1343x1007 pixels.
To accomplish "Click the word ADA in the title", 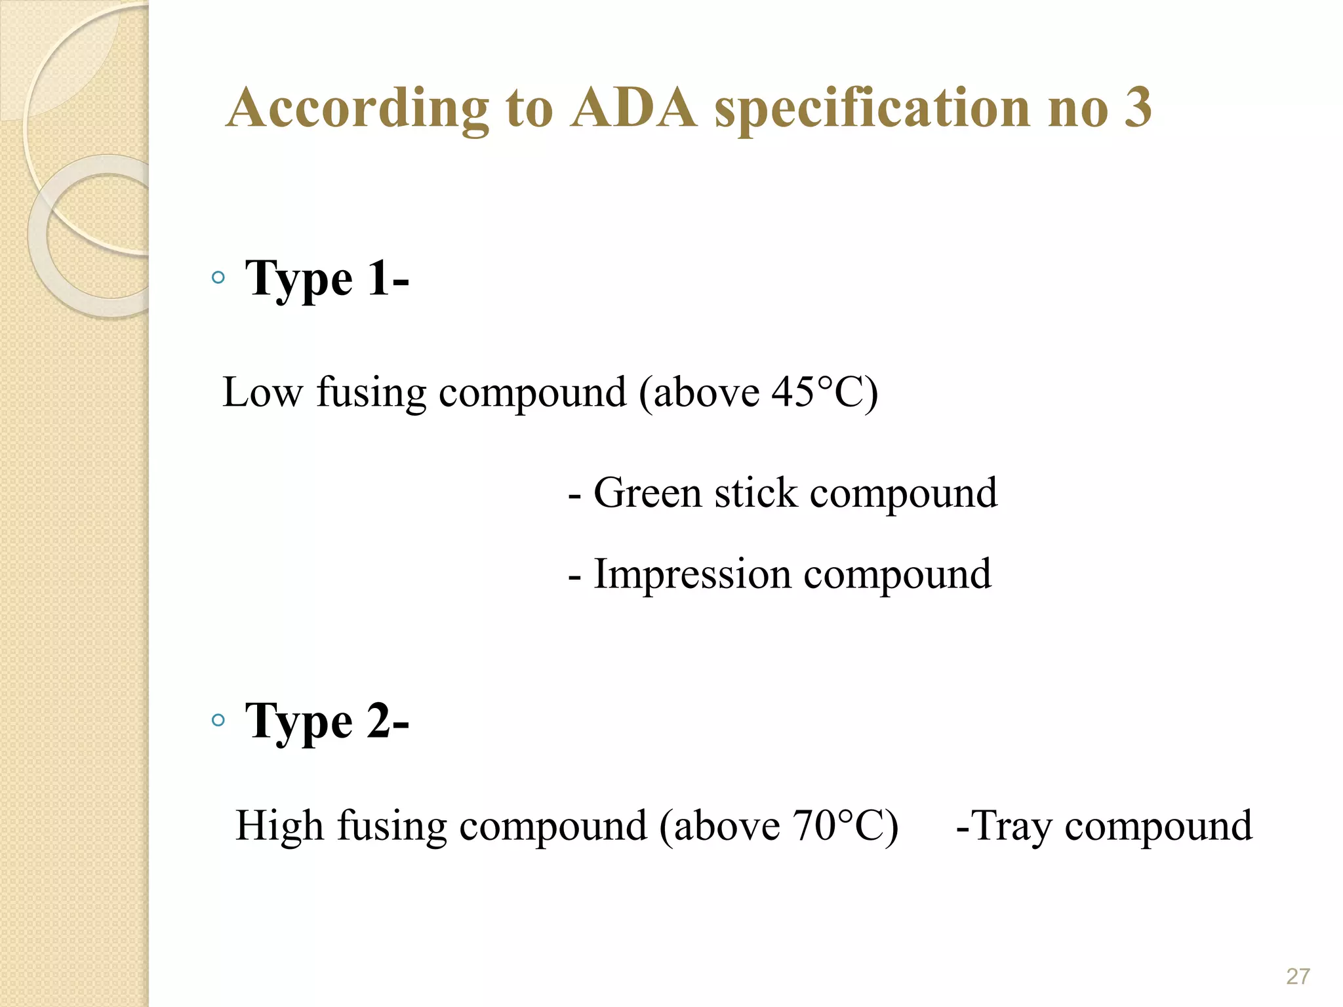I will pos(633,108).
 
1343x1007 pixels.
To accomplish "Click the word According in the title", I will pos(358,109).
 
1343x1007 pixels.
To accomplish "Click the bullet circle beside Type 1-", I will pos(218,278).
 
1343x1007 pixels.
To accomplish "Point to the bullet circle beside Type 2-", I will pos(218,721).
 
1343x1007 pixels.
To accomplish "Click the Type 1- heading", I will pos(327,279).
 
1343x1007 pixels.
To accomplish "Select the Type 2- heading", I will pos(327,722).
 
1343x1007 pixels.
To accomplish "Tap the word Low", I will pos(262,393).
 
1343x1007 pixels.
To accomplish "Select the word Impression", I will pos(692,575).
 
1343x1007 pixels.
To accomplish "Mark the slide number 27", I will pos(1298,976).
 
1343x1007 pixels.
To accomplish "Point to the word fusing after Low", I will pos(371,393).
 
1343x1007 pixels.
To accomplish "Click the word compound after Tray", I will pos(1158,826).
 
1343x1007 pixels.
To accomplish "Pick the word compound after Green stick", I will pos(904,494).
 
